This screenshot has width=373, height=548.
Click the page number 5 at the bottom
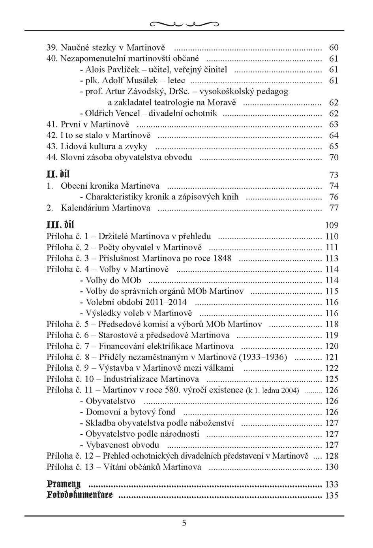pos(184,524)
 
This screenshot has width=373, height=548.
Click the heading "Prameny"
pos(64,484)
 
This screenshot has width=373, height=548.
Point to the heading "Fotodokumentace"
pos(79,495)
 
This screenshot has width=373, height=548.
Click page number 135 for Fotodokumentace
pos(332,495)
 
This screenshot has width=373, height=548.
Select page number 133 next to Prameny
pos(332,484)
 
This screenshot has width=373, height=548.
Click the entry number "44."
pos(52,157)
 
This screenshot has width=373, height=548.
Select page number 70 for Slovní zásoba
pos(334,158)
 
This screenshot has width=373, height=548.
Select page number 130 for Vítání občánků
pos(332,467)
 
